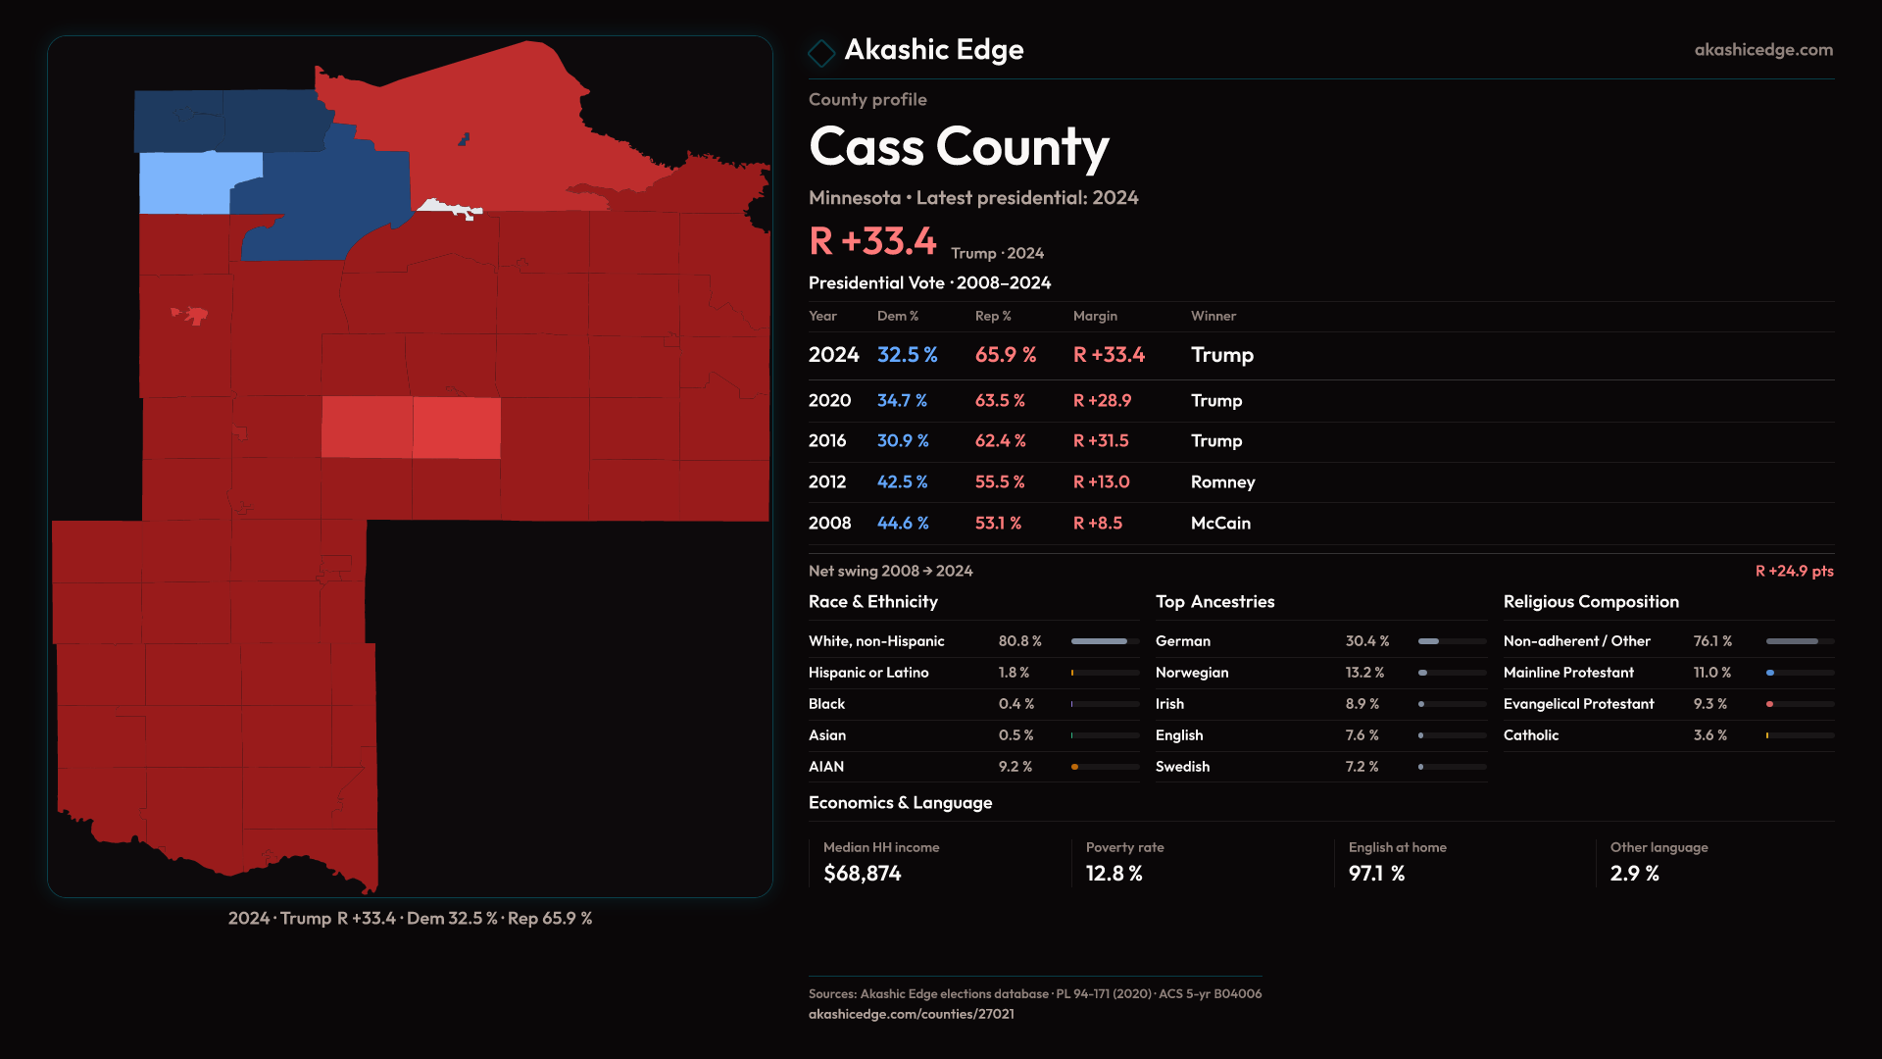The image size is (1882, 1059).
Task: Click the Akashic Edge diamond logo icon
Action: point(821,52)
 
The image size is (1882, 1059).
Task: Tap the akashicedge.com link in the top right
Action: point(1763,50)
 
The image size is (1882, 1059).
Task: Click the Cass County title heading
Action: point(959,147)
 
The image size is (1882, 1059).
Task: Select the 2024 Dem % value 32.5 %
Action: point(907,355)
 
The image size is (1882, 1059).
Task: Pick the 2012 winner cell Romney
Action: point(1222,482)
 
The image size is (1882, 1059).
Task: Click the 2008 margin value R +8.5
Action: point(1097,524)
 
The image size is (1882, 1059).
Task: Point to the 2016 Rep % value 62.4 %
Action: point(1000,441)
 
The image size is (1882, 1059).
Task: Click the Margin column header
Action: point(1095,316)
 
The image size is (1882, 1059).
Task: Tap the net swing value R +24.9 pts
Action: point(1794,571)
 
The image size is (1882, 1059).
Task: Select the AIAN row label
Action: point(826,767)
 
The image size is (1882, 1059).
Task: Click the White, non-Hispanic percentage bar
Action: point(1105,641)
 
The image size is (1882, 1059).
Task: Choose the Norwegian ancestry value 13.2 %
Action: point(1364,673)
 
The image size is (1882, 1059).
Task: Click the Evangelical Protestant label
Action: point(1578,704)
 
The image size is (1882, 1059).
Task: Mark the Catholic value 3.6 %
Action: point(1709,735)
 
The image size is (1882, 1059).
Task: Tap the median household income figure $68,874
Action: point(862,874)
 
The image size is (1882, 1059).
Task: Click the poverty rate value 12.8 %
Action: point(1114,874)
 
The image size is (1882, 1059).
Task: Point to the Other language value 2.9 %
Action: point(1634,874)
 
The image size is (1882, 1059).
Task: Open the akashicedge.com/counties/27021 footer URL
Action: point(911,1014)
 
